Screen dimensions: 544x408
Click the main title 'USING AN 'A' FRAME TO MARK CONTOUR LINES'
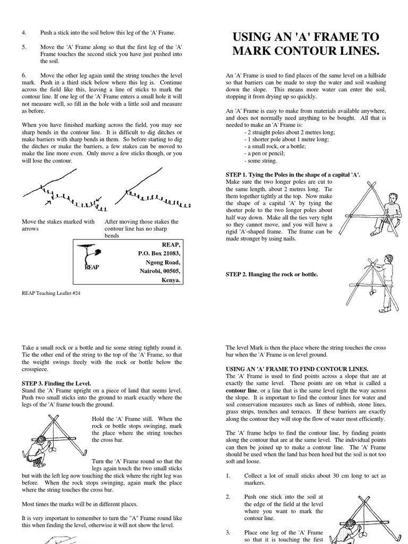pos(305,44)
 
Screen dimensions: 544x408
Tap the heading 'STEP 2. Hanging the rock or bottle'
pos(272,274)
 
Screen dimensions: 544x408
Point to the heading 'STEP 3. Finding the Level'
pos(56,383)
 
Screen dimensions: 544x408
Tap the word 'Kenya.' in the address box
pos(170,279)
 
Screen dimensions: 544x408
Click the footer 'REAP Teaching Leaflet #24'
pos(51,293)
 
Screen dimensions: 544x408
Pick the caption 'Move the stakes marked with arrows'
pos(58,225)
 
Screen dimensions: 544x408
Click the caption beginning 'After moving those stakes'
pos(141,228)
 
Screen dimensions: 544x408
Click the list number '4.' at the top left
pos(24,33)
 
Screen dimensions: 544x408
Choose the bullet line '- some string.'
pos(260,160)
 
